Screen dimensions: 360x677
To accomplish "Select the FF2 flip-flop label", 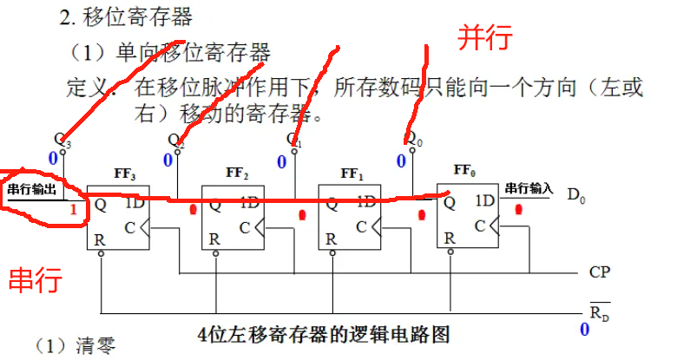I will [238, 174].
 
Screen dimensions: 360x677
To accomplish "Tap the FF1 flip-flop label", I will [353, 174].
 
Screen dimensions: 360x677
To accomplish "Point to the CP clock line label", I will [600, 272].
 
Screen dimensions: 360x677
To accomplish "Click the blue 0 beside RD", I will [584, 330].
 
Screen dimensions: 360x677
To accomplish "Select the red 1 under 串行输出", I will [74, 209].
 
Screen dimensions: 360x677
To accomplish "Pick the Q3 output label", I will [62, 139].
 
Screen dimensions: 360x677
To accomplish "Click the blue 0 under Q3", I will [52, 158].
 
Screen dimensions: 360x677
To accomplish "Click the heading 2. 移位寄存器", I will [139, 16].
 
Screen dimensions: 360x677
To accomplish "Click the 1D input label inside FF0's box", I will [485, 203].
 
